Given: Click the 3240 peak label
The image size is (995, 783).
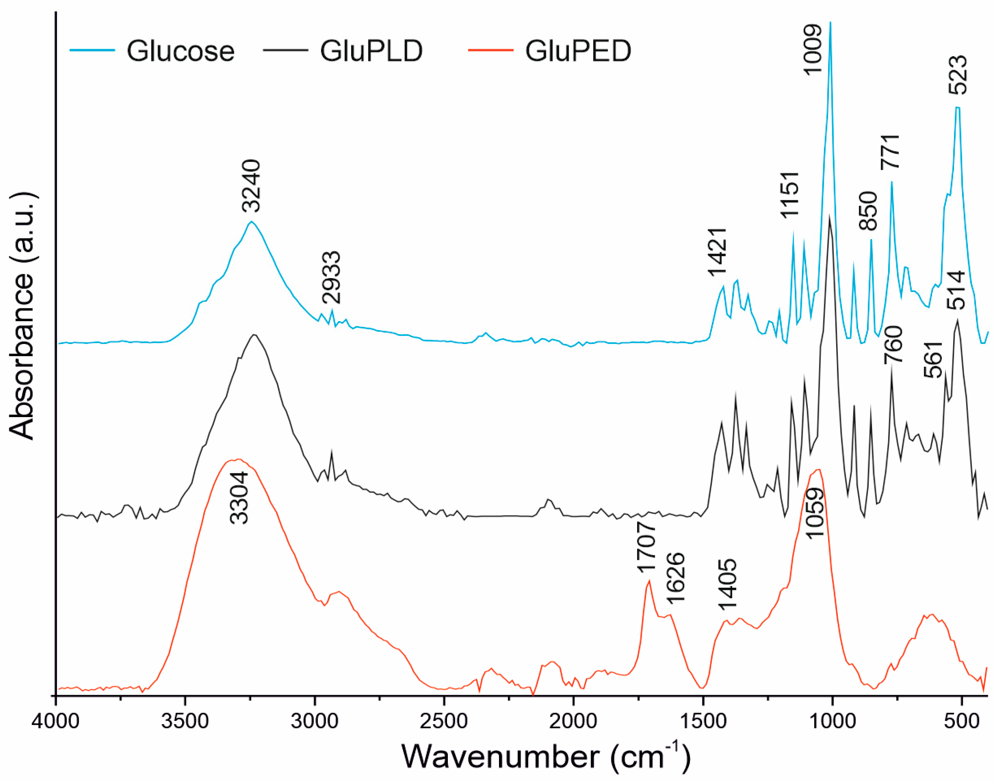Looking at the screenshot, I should click(x=251, y=186).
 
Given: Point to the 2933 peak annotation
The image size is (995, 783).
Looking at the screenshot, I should click(x=331, y=277).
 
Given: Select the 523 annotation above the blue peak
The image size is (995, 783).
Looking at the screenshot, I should click(x=957, y=75).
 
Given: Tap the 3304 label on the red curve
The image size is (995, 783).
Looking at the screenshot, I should click(x=239, y=498).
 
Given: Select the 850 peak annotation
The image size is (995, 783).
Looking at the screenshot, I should click(x=867, y=211).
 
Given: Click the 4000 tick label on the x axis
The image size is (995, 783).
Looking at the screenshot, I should click(x=55, y=722).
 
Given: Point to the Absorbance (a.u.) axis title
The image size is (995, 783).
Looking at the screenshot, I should click(x=22, y=316).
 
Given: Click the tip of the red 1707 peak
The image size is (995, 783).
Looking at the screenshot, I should click(x=649, y=581).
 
